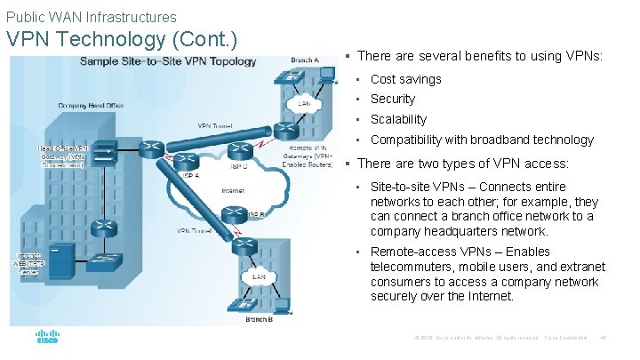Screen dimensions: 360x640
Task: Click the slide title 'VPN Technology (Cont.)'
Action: click(122, 39)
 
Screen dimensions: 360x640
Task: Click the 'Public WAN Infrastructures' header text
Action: click(92, 17)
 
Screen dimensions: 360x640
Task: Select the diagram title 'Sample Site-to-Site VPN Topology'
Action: click(168, 61)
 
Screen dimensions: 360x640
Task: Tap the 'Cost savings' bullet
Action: click(405, 79)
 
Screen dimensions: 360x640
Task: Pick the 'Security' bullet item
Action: click(392, 99)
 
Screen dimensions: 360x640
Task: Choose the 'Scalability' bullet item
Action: click(398, 119)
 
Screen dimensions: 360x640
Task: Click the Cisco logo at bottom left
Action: click(47, 338)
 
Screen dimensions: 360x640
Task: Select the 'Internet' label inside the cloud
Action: click(233, 190)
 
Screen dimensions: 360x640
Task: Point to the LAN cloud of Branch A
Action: click(304, 103)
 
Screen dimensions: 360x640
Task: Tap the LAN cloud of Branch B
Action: click(259, 276)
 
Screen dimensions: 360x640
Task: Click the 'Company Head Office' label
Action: click(91, 105)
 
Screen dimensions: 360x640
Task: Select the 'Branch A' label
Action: click(305, 60)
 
